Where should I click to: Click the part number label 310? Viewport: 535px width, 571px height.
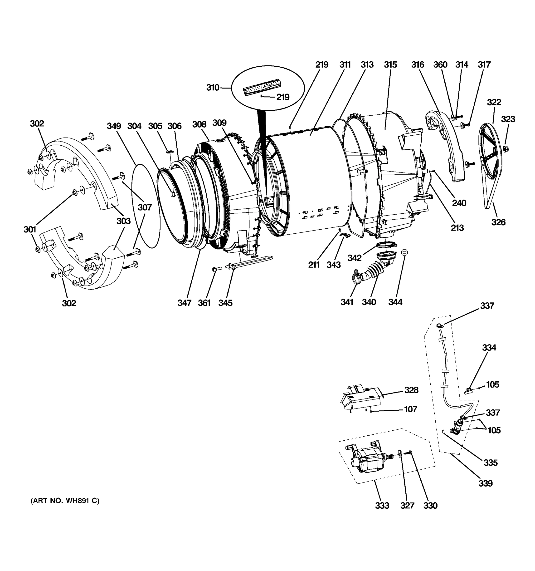(x=213, y=88)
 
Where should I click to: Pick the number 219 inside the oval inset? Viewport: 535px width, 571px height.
(x=283, y=97)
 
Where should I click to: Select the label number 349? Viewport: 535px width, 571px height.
(x=114, y=126)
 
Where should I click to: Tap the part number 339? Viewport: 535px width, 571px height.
(x=485, y=483)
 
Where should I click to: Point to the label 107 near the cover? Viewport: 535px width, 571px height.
(x=410, y=409)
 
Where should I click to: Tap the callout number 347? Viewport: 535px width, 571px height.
(x=184, y=303)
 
